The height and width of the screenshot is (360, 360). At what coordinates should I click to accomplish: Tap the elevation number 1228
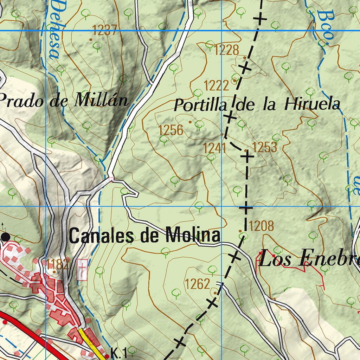pyautogui.click(x=226, y=50)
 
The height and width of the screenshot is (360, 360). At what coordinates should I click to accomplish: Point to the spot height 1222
pyautogui.click(x=216, y=85)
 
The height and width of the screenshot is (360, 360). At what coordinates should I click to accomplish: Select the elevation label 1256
pyautogui.click(x=171, y=130)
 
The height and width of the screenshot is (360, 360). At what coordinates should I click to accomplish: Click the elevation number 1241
pyautogui.click(x=214, y=148)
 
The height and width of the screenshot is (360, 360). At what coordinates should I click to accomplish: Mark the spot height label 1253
pyautogui.click(x=265, y=147)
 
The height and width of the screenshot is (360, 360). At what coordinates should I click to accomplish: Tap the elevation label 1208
pyautogui.click(x=262, y=226)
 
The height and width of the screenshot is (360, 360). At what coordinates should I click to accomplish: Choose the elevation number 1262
pyautogui.click(x=198, y=284)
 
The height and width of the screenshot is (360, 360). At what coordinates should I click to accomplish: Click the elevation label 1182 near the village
pyautogui.click(x=57, y=264)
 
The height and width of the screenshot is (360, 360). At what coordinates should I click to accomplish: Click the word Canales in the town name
pyautogui.click(x=102, y=236)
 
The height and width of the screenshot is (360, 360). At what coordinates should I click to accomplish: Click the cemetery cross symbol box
pyautogui.click(x=82, y=270)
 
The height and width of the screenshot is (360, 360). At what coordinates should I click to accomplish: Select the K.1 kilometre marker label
pyautogui.click(x=118, y=353)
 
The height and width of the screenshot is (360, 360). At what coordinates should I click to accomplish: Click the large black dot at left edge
pyautogui.click(x=5, y=237)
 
